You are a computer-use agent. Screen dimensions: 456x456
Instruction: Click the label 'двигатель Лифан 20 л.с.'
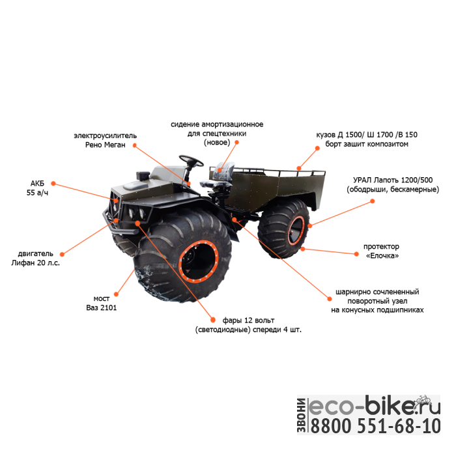[32, 257]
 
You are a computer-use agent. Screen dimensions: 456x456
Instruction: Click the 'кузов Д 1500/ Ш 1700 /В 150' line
[367, 135]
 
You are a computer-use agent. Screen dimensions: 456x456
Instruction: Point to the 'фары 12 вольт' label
[248, 321]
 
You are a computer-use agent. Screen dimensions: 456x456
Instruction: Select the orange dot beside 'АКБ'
[53, 184]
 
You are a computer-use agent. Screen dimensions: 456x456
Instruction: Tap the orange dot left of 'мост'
[115, 294]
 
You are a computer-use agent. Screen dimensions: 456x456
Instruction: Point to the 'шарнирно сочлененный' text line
[377, 292]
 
